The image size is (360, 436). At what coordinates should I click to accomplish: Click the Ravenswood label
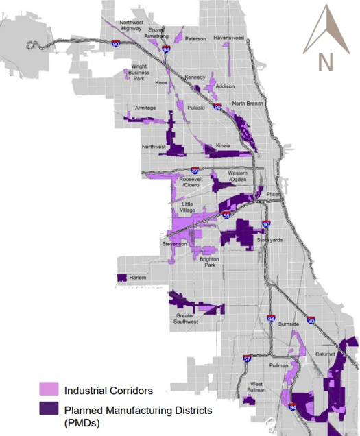click(229, 38)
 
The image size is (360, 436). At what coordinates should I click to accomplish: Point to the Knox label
click(161, 83)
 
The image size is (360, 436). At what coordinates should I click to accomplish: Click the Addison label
click(225, 86)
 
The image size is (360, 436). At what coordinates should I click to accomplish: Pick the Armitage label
click(145, 108)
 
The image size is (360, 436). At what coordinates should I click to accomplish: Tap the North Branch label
click(248, 104)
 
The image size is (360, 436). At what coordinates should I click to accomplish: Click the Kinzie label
click(224, 146)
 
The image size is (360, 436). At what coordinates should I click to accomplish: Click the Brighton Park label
click(209, 262)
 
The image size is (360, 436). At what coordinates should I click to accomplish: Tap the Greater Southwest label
click(186, 318)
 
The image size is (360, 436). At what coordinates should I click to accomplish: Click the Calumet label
click(325, 354)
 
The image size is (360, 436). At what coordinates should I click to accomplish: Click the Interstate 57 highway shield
click(247, 359)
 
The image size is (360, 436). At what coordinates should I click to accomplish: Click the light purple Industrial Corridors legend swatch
click(49, 391)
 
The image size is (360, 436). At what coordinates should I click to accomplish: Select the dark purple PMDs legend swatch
click(49, 409)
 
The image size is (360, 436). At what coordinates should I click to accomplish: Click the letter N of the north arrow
click(325, 62)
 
